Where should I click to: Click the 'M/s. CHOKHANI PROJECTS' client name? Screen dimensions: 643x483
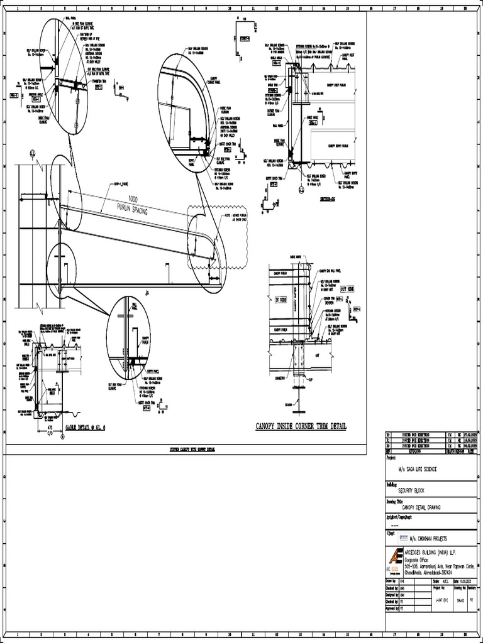pos(431,539)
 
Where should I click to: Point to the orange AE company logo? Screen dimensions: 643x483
pos(396,558)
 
